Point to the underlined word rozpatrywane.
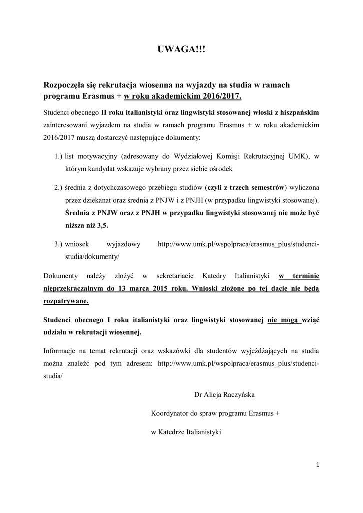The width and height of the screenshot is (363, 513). click(67, 301)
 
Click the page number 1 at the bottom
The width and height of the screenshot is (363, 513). click(318, 465)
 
